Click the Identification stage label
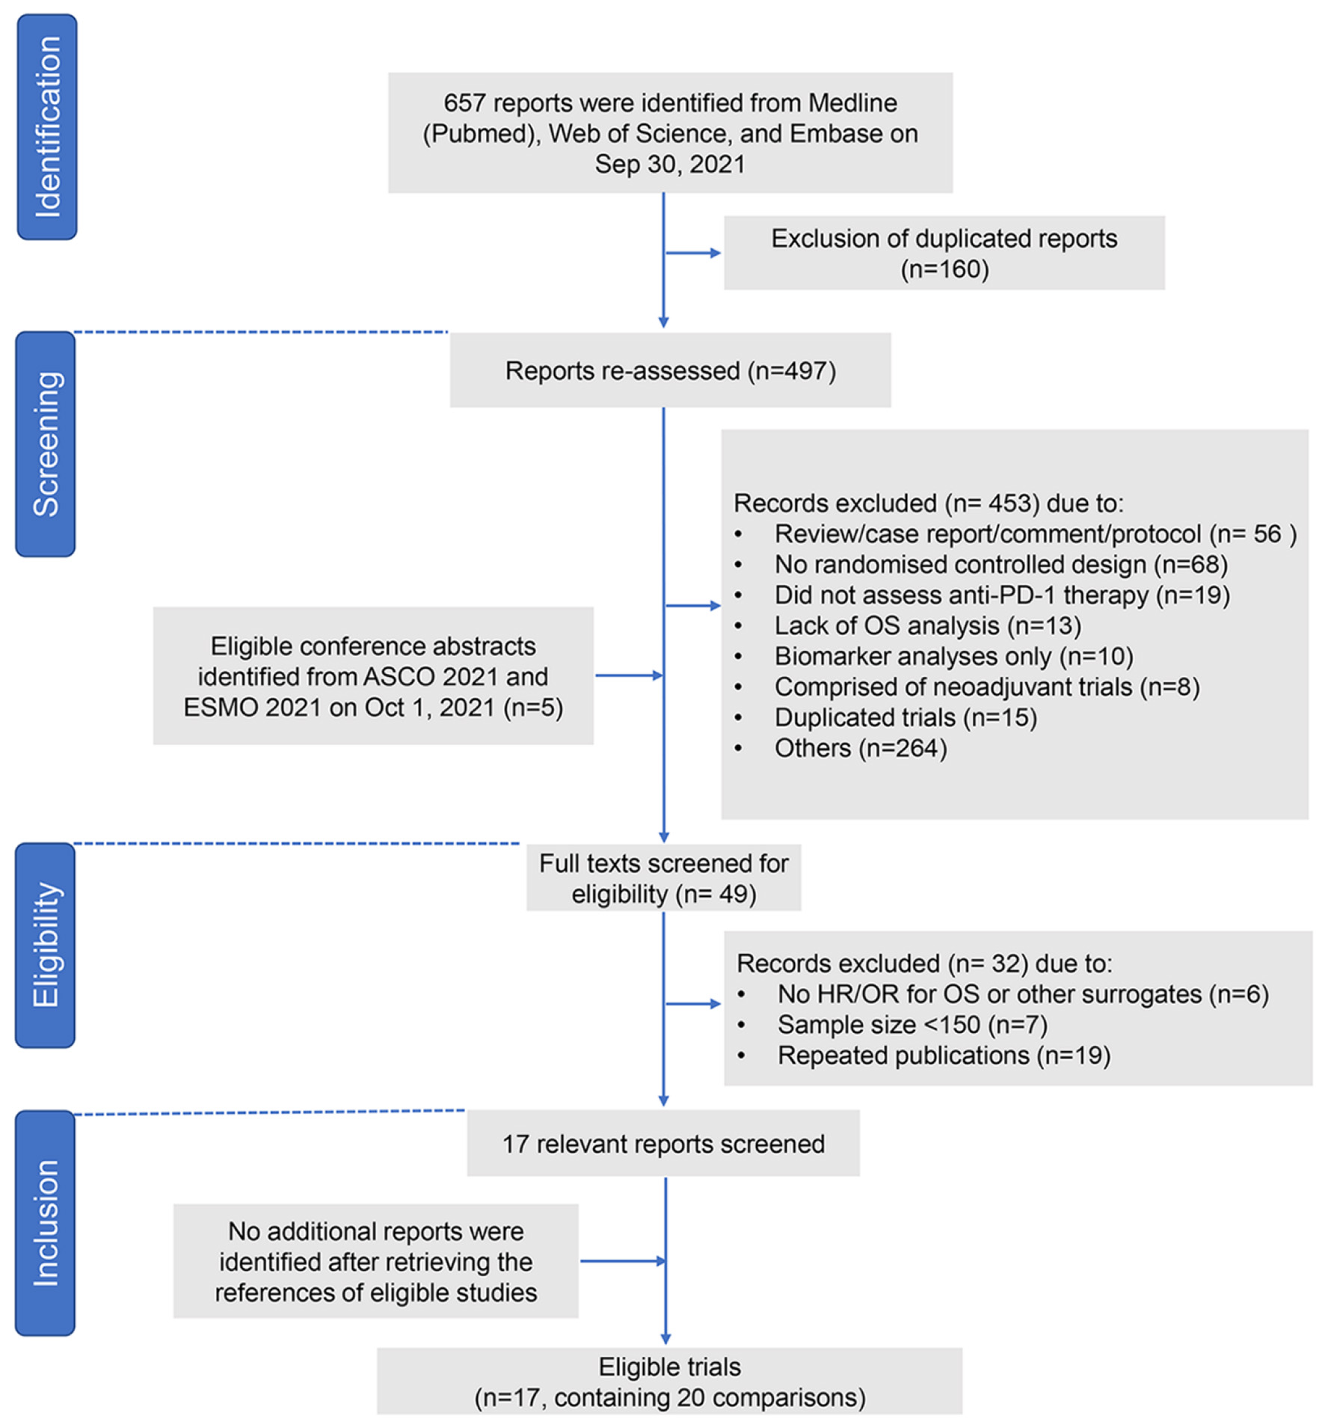[46, 126]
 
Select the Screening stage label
[46, 444]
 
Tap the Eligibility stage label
[46, 945]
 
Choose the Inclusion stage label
[46, 1222]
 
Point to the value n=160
[944, 269]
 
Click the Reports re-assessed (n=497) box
[670, 370]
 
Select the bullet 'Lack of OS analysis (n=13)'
[927, 625]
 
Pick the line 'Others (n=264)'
[860, 748]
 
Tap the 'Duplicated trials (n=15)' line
[905, 717]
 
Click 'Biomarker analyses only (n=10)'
[953, 656]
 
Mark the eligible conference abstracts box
[373, 675]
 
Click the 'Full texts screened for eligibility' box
[663, 877]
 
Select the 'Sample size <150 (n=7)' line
[911, 1025]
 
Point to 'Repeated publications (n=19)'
[944, 1055]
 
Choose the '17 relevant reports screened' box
[663, 1144]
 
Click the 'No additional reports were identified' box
[375, 1261]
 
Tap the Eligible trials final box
[669, 1381]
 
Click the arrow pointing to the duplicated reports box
[692, 253]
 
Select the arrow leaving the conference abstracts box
[629, 675]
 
